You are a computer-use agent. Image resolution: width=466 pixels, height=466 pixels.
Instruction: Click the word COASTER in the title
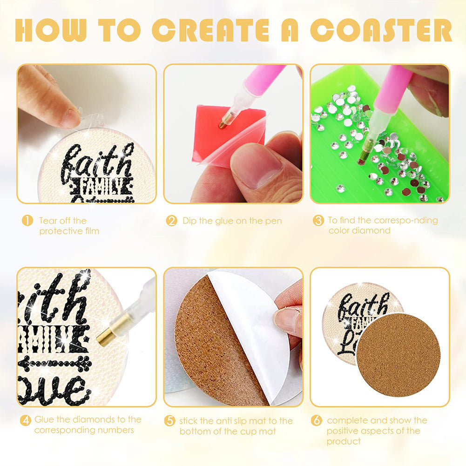pyautogui.click(x=381, y=30)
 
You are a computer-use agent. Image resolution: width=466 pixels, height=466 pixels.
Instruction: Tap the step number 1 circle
pyautogui.click(x=27, y=221)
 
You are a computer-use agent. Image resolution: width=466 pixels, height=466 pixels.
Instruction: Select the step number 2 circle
pyautogui.click(x=171, y=221)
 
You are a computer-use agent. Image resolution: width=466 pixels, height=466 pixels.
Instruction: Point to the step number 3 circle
pyautogui.click(x=318, y=221)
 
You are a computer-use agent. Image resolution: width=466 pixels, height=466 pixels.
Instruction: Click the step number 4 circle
pyautogui.click(x=26, y=420)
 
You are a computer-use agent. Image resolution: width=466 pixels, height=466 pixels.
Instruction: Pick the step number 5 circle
pyautogui.click(x=170, y=421)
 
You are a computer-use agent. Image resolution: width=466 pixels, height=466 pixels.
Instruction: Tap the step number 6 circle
pyautogui.click(x=317, y=420)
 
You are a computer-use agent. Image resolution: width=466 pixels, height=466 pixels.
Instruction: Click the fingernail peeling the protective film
pyautogui.click(x=70, y=117)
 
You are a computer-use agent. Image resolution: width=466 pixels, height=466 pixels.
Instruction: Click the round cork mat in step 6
pyautogui.click(x=398, y=355)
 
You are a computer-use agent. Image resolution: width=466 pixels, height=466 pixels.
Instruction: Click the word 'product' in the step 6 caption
pyautogui.click(x=344, y=442)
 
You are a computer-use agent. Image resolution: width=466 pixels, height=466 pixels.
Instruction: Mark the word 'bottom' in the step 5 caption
pyautogui.click(x=194, y=431)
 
